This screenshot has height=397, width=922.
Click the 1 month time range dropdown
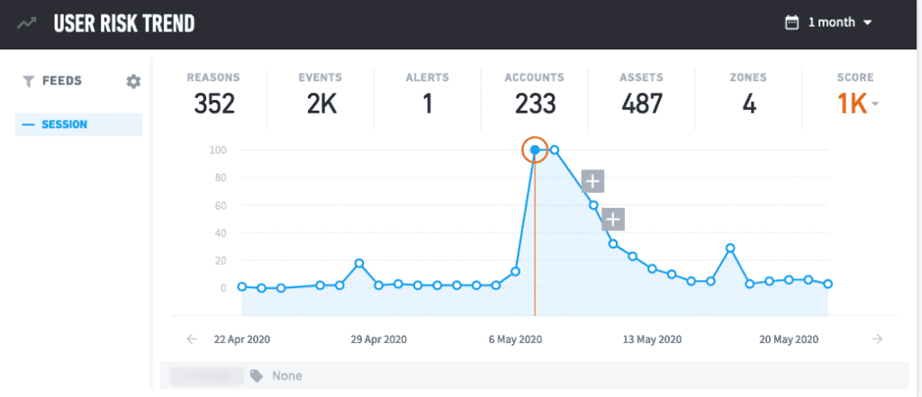click(828, 23)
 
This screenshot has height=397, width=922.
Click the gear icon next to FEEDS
click(133, 81)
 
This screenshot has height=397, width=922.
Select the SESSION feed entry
click(78, 125)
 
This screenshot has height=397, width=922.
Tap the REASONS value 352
click(213, 104)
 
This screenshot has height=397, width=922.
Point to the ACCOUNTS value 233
click(535, 104)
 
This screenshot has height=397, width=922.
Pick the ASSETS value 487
click(641, 104)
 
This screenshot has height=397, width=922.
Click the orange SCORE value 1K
click(853, 104)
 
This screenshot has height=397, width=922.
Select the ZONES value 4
click(748, 104)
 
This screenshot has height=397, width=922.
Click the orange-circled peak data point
click(535, 150)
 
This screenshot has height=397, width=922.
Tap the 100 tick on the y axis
click(218, 150)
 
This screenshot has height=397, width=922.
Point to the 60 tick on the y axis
click(221, 205)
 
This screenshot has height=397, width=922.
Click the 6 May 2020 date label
click(516, 339)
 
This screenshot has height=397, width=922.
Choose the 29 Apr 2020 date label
click(379, 339)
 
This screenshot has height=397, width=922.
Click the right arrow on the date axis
click(877, 338)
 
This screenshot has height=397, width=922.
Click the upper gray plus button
click(592, 181)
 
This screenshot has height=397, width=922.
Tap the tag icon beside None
click(257, 375)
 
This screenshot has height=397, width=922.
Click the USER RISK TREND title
click(124, 23)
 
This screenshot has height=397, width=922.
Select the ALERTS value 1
click(428, 104)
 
